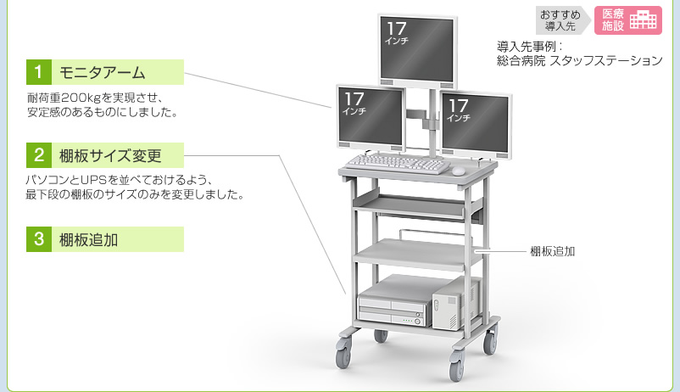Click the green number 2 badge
tap(38, 156)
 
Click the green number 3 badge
tap(38, 239)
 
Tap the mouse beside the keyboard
tap(458, 171)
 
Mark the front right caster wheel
tap(457, 367)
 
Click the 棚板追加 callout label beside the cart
tap(553, 251)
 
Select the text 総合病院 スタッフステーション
tap(578, 61)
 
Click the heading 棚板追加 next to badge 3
tap(88, 239)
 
